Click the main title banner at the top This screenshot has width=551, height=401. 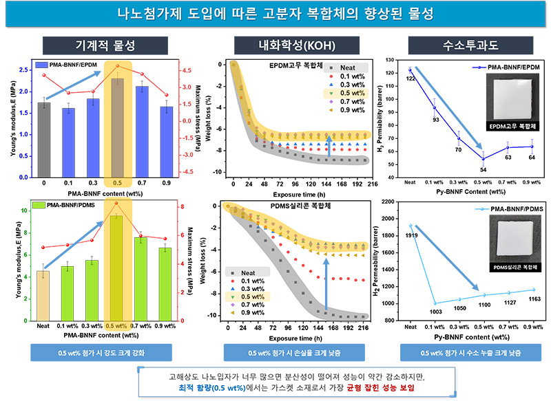(x=275, y=14)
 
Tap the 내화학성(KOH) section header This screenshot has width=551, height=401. (x=289, y=47)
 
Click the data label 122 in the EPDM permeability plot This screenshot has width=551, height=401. (x=410, y=79)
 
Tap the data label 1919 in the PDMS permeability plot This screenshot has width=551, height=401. (x=411, y=236)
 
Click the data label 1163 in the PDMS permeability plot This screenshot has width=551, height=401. (x=532, y=299)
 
